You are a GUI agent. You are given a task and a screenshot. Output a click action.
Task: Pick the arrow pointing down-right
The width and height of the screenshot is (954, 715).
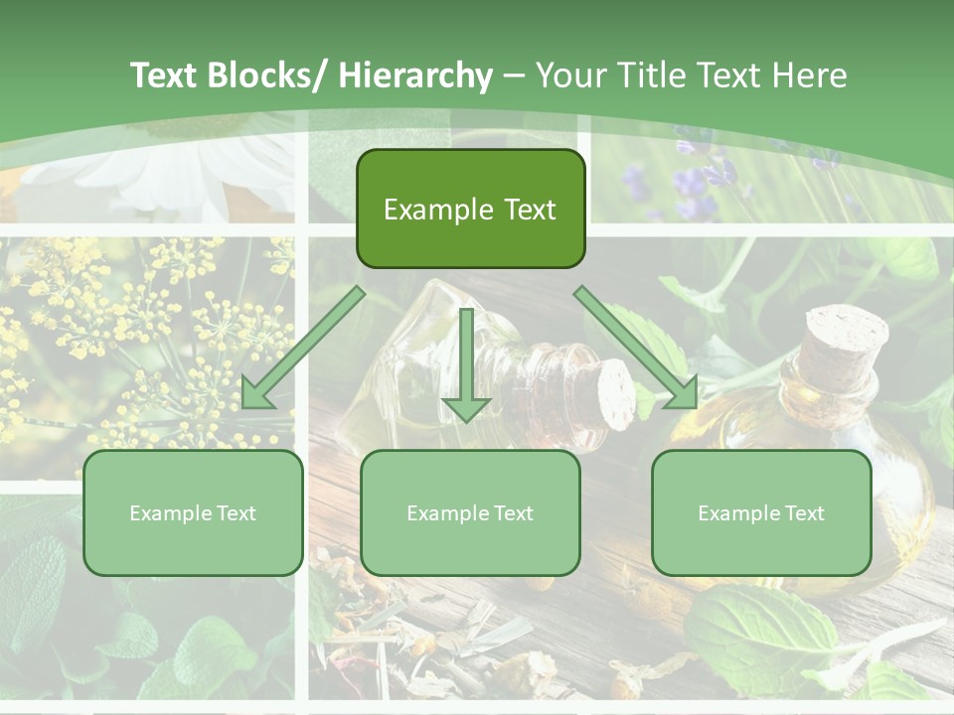(x=636, y=348)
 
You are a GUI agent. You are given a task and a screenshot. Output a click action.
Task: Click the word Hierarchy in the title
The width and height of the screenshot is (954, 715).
(x=415, y=75)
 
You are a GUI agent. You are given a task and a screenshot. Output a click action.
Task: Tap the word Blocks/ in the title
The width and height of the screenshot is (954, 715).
(x=268, y=75)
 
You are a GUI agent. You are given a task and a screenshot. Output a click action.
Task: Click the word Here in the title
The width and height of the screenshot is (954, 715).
(x=809, y=75)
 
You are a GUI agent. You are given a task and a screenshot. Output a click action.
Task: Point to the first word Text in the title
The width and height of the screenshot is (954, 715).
(x=166, y=75)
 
